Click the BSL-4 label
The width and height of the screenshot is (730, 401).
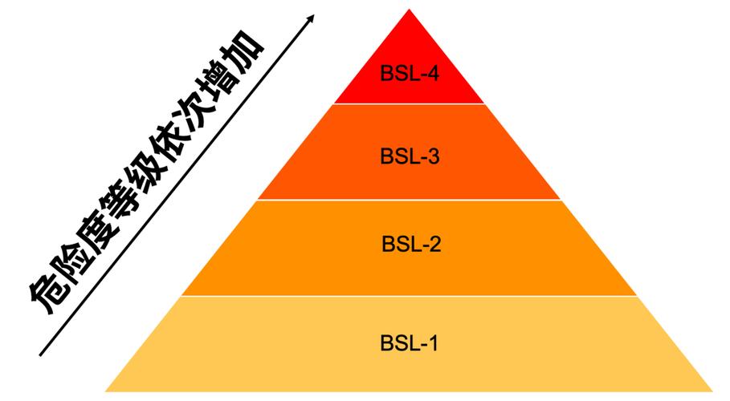tap(410, 74)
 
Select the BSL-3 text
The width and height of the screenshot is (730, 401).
tap(410, 156)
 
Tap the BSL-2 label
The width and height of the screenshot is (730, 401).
tap(411, 244)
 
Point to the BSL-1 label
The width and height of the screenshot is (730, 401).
tap(410, 343)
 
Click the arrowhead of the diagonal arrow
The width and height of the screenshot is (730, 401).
tap(311, 18)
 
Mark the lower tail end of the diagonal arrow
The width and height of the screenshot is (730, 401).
tap(40, 355)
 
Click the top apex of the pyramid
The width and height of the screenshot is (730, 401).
tap(410, 10)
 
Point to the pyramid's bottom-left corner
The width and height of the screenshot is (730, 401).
tap(106, 391)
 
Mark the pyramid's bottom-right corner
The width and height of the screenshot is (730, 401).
tap(712, 391)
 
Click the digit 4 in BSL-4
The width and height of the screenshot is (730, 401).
tap(433, 74)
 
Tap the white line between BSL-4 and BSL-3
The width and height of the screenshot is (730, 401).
tap(410, 103)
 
